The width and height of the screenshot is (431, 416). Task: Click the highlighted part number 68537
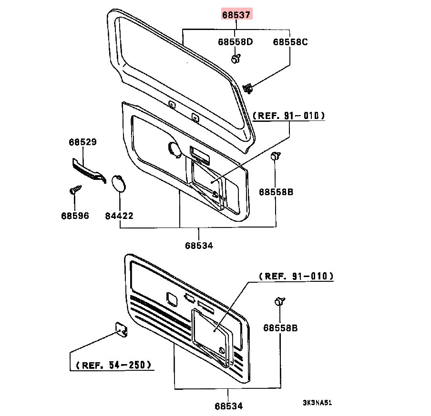(236, 15)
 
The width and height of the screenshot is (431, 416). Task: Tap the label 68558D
(236, 42)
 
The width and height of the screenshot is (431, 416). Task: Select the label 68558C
(290, 42)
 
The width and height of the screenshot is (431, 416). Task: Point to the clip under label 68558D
(236, 59)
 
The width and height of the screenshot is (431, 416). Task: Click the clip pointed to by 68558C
(248, 89)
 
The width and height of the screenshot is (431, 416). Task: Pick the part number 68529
(83, 142)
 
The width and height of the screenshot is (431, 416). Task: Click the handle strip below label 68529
(89, 170)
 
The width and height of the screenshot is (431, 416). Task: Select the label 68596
(75, 216)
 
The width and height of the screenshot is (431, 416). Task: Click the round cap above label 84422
(118, 183)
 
